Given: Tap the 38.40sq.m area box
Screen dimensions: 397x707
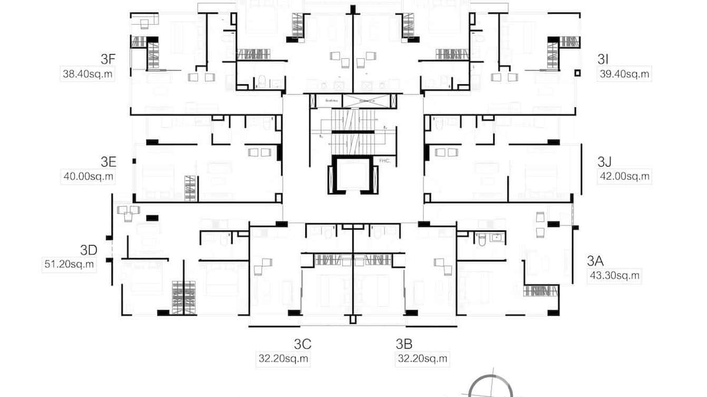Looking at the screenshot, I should (88, 74).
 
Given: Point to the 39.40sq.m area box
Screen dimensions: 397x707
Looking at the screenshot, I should (624, 74).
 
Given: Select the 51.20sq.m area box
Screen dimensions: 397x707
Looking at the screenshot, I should (69, 264).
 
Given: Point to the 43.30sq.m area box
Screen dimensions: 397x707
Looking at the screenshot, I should (614, 275).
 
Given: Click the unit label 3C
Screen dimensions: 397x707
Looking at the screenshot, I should (302, 344).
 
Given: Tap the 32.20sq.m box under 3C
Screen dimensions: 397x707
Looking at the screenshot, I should (283, 359).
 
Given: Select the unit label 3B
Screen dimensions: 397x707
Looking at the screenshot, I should (404, 344).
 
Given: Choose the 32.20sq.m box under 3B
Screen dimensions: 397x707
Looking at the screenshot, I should (423, 359).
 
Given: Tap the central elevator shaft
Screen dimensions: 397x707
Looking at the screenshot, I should (353, 174).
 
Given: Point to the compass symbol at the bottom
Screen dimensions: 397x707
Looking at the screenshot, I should (490, 387).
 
